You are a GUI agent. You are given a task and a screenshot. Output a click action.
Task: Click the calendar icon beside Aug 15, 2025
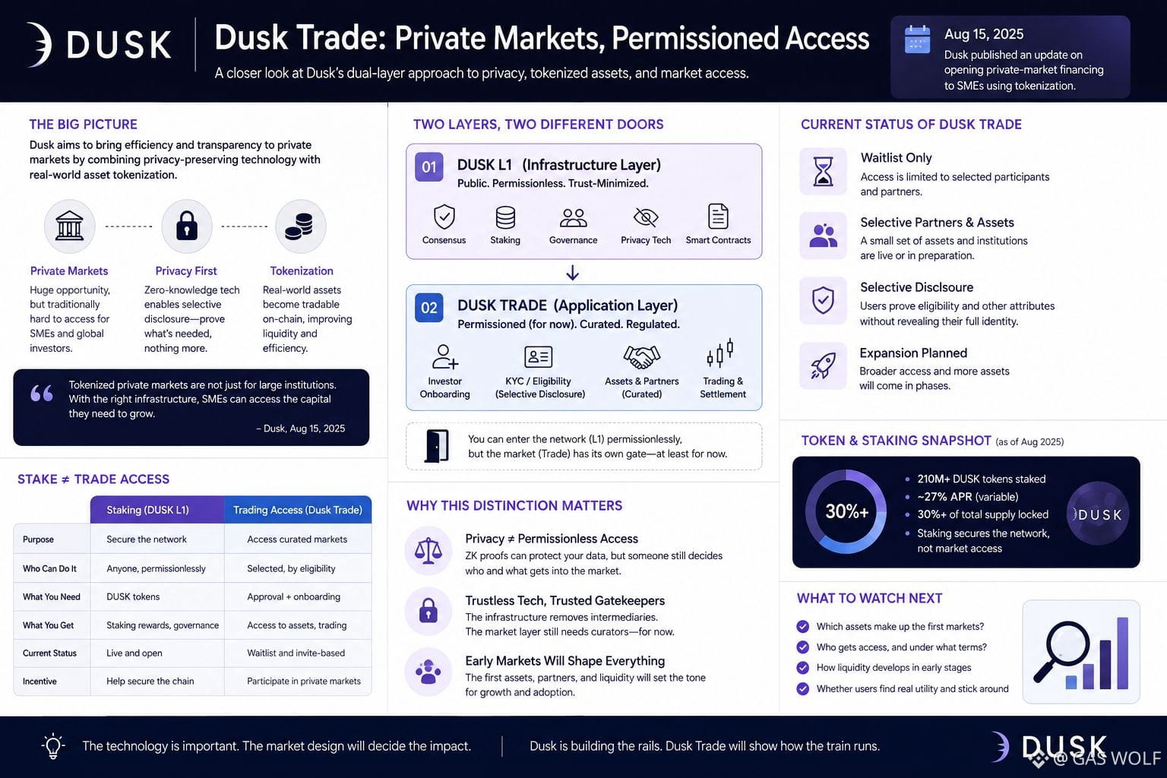click(918, 39)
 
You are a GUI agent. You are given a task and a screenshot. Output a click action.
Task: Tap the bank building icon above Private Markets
click(69, 226)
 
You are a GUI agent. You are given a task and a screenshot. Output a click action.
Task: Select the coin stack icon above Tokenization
click(299, 226)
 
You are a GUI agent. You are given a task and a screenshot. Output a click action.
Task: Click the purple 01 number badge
click(429, 166)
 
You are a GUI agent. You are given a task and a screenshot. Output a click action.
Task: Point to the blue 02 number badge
click(429, 308)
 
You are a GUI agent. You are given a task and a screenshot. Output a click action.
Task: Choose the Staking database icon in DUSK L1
click(505, 217)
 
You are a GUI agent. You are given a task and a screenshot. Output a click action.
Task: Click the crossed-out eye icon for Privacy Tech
click(646, 217)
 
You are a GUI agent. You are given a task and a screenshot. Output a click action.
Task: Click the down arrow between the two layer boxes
click(573, 273)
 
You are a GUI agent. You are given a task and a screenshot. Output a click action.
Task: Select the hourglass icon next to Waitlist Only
click(823, 172)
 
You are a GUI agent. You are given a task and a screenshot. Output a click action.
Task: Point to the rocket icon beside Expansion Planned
click(823, 365)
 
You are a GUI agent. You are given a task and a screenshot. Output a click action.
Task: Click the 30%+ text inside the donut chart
click(846, 512)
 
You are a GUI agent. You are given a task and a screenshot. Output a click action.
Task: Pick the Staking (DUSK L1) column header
click(147, 510)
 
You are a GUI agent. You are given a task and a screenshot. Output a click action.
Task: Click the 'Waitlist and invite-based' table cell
click(296, 653)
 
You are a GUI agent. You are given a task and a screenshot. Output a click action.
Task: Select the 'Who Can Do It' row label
click(49, 568)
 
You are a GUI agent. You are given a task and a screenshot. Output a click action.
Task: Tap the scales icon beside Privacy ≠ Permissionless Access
click(429, 551)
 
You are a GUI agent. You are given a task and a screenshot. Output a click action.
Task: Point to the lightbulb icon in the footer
click(52, 746)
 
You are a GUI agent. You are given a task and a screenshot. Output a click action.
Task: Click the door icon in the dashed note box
click(437, 446)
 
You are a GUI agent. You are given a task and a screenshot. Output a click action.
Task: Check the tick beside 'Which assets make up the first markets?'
click(803, 626)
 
